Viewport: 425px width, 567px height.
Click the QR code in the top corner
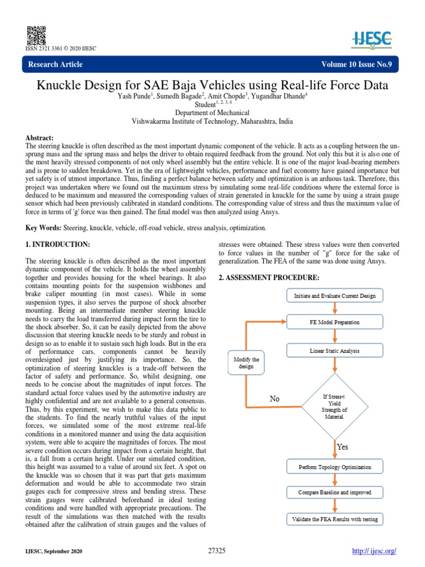click(x=34, y=34)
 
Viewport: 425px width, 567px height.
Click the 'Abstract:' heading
click(x=40, y=137)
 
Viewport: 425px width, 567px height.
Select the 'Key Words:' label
click(x=44, y=228)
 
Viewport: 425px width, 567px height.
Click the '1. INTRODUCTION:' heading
click(x=58, y=244)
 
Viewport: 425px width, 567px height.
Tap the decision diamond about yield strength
click(x=333, y=406)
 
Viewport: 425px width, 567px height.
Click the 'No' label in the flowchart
click(x=274, y=398)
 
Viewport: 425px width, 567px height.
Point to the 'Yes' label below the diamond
click(x=342, y=446)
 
